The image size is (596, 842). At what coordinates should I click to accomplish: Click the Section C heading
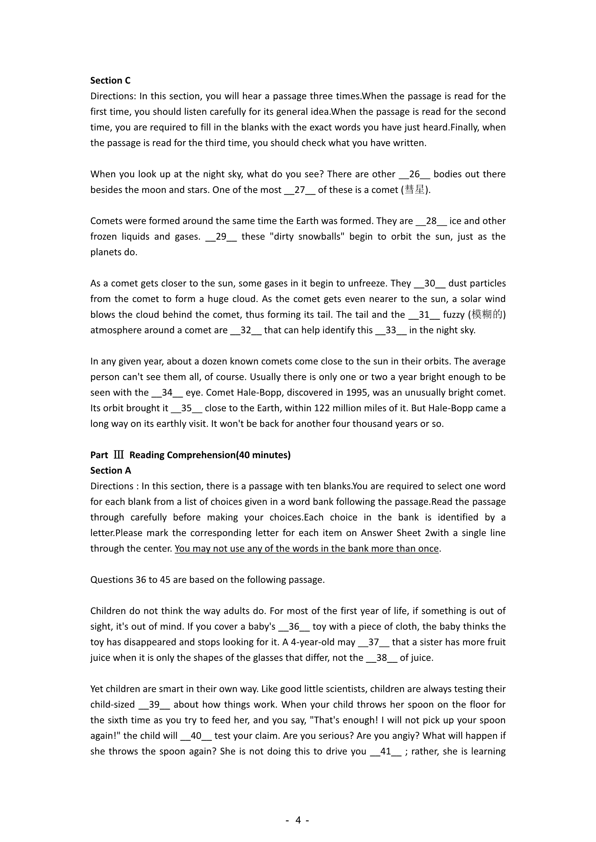coord(110,80)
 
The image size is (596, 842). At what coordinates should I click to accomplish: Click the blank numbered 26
coord(414,174)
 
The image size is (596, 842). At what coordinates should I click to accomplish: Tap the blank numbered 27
coord(299,190)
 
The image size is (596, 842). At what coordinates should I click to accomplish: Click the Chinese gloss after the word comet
coord(415,190)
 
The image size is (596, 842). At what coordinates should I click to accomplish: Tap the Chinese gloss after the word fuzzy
coord(486,315)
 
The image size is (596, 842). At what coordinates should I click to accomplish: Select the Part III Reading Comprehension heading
coord(190,455)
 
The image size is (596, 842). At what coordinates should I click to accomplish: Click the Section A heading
coord(111,470)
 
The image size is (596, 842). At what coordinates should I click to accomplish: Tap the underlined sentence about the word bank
coord(306,549)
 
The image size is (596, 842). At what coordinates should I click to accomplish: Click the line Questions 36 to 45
coord(207,580)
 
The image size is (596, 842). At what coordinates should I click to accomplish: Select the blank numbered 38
coord(382,658)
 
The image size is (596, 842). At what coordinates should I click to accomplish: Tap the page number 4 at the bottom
coord(298,820)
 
